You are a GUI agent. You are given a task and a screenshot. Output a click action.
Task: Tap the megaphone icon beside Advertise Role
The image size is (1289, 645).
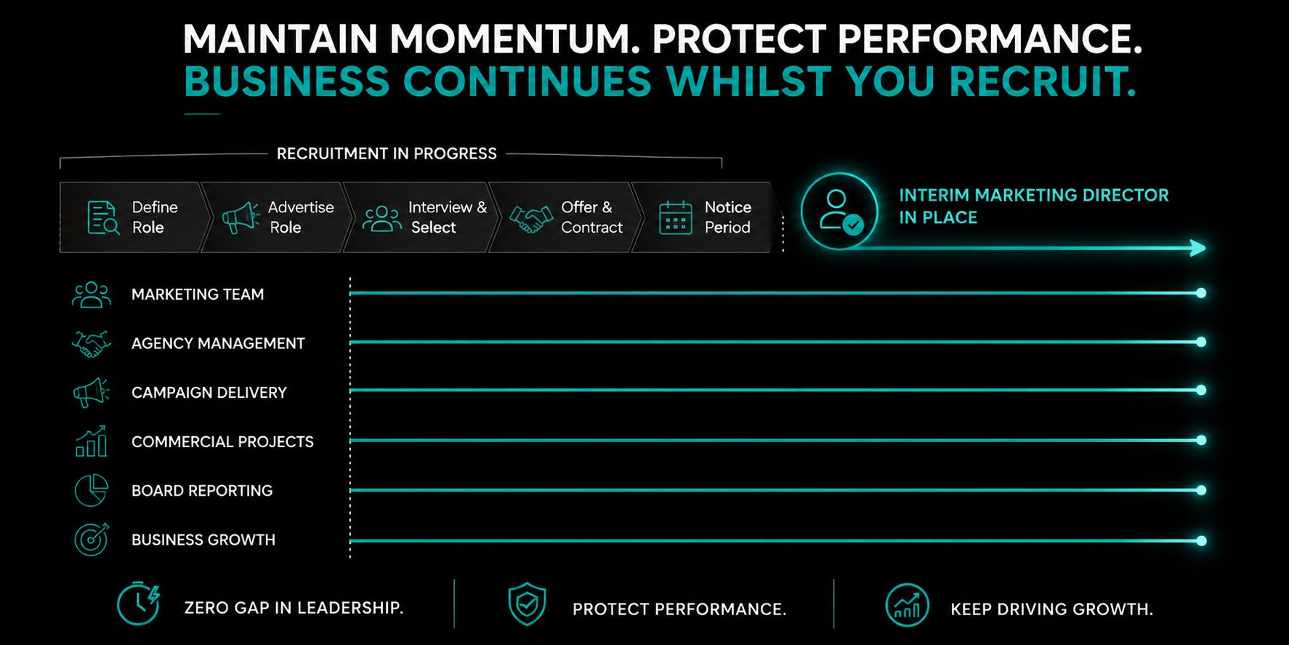click(241, 217)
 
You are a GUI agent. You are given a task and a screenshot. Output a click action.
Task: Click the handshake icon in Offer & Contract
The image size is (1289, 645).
click(531, 218)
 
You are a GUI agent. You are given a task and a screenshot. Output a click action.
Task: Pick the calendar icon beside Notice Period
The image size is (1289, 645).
click(676, 217)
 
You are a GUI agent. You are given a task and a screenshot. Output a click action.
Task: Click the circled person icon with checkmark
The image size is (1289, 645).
click(839, 211)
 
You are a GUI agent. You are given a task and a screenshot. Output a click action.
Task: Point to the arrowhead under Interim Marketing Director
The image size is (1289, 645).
click(1198, 249)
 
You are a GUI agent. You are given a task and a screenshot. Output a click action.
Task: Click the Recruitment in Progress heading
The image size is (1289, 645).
click(387, 153)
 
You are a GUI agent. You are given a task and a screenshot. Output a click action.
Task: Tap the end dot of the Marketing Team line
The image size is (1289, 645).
click(1201, 293)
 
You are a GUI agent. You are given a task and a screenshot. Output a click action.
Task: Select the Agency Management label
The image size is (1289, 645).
click(218, 343)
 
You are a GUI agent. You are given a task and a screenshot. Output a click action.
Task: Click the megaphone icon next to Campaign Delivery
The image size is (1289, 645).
click(92, 393)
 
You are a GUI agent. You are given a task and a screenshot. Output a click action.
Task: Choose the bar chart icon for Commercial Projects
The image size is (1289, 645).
click(92, 441)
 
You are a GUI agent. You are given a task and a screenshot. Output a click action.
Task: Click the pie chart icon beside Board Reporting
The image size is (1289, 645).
click(92, 490)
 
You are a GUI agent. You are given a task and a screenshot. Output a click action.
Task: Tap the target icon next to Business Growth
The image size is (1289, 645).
click(92, 540)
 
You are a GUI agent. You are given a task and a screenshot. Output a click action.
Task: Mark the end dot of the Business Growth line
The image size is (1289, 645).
click(1201, 540)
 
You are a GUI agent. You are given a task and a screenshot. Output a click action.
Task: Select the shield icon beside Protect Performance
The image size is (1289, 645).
click(528, 604)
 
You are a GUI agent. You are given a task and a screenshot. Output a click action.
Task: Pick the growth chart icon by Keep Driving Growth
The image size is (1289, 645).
click(908, 605)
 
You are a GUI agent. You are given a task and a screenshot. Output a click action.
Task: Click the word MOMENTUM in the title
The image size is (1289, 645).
click(515, 39)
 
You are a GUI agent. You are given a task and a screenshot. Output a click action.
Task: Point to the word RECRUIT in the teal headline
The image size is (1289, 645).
click(1043, 81)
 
